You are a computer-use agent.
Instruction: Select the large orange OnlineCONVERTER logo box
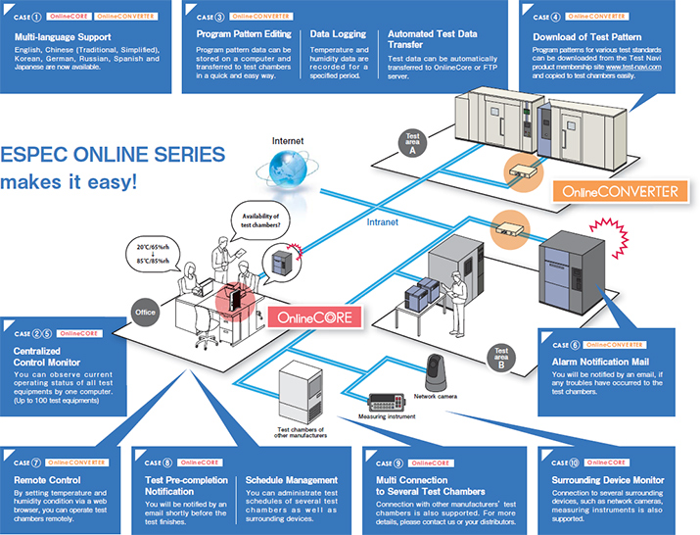[615, 190]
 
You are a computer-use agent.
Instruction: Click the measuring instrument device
[394, 403]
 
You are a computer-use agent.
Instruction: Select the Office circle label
[145, 315]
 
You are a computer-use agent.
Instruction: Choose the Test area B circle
[501, 354]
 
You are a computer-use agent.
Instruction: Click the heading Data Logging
[338, 33]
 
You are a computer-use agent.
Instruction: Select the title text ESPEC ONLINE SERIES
[113, 155]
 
